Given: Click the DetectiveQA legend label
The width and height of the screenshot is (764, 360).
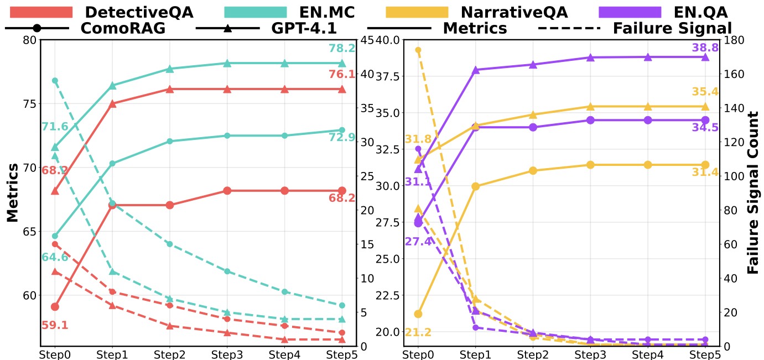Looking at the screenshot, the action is (139, 12).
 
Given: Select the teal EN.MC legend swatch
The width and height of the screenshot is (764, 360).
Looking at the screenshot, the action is (256, 12).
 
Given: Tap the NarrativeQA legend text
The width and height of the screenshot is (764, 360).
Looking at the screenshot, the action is (514, 12).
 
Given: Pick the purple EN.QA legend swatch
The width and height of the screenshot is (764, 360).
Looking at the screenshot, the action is (630, 12).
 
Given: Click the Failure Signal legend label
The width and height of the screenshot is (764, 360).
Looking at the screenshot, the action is (673, 28).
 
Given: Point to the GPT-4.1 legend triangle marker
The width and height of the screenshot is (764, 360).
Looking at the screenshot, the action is (228, 28).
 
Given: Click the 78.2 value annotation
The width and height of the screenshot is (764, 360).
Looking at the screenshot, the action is (342, 49).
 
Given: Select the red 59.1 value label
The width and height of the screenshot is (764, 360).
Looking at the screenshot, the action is (55, 325).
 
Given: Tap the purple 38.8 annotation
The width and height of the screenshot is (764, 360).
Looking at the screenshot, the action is (705, 48).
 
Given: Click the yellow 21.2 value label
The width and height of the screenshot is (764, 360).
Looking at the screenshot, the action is (418, 332).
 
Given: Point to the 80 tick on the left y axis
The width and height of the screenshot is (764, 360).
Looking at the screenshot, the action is (30, 40).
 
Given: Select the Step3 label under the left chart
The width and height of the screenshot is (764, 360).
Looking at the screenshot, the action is (227, 355).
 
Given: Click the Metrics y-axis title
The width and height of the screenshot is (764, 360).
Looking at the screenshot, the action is (12, 193).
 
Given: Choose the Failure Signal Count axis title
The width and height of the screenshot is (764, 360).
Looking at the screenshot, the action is (753, 192).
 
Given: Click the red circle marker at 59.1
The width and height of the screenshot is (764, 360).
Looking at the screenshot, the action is (55, 307).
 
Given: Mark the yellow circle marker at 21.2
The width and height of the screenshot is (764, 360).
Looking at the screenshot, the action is (418, 314).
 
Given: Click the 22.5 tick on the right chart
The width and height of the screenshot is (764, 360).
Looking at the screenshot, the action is (387, 295).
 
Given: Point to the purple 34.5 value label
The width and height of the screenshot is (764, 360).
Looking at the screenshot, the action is (705, 128).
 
